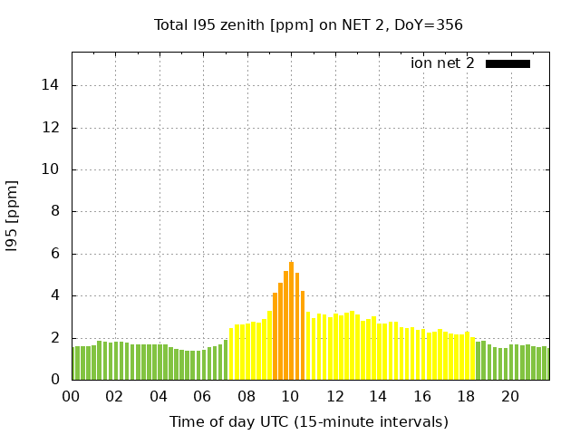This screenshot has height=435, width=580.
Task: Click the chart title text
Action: pyautogui.click(x=308, y=24)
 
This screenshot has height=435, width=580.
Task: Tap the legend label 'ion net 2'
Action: pyautogui.click(x=442, y=63)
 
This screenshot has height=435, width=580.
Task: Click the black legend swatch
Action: pyautogui.click(x=507, y=63)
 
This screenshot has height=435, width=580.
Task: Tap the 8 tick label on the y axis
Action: pyautogui.click(x=56, y=212)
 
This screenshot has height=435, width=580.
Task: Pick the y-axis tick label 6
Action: pyautogui.click(x=56, y=254)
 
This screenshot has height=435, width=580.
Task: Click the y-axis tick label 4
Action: pyautogui.click(x=56, y=295)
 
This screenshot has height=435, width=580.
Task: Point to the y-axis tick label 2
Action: pyautogui.click(x=56, y=338)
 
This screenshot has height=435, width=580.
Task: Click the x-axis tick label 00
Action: pyautogui.click(x=71, y=396)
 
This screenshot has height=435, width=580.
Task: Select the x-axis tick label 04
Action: pyautogui.click(x=159, y=396)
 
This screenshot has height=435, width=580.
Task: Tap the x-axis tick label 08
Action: pyautogui.click(x=246, y=396)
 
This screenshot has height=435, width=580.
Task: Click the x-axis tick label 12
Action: pyautogui.click(x=334, y=396)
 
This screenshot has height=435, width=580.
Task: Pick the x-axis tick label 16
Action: pyautogui.click(x=422, y=396)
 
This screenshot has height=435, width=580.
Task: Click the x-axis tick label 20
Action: pyautogui.click(x=510, y=396)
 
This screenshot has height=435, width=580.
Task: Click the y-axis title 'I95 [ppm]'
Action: pyautogui.click(x=13, y=211)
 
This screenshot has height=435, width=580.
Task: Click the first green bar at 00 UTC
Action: pyautogui.click(x=74, y=363)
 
